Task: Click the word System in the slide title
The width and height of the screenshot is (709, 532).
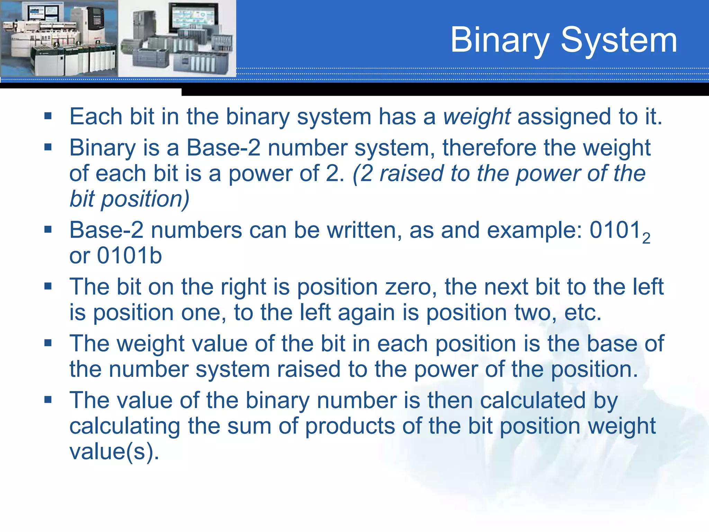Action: (619, 41)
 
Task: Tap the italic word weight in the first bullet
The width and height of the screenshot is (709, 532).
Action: (477, 117)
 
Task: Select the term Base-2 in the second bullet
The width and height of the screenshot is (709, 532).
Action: (223, 148)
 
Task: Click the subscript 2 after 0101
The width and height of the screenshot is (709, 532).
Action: (646, 239)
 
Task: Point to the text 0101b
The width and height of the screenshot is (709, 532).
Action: (129, 256)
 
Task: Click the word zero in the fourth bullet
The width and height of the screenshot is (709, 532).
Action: (411, 287)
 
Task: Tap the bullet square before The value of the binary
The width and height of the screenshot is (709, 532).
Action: (48, 400)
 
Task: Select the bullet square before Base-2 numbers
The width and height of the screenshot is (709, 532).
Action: (48, 229)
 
